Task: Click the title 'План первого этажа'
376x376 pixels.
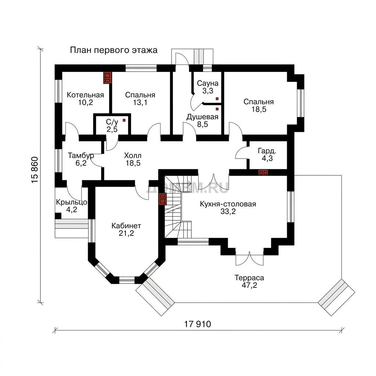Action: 114,50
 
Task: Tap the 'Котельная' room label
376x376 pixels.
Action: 85,95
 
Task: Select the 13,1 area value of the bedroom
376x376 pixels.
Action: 140,103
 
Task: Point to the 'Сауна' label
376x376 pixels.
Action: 208,83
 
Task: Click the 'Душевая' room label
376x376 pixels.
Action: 202,117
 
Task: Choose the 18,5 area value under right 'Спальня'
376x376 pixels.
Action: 259,109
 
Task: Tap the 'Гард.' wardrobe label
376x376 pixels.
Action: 267,151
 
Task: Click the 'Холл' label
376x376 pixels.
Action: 133,156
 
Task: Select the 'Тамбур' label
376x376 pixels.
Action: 81,156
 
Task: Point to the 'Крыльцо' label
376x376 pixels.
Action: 72,202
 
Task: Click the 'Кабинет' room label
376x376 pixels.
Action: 126,226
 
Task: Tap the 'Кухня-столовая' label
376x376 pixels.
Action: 228,204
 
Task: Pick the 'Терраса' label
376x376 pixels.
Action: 249,278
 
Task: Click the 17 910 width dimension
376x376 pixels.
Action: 198,324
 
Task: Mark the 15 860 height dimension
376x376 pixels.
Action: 35,170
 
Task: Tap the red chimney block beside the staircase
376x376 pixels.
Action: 163,199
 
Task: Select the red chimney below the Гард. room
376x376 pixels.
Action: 263,173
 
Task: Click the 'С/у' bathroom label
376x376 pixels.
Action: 112,122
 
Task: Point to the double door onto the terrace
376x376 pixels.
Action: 249,258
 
